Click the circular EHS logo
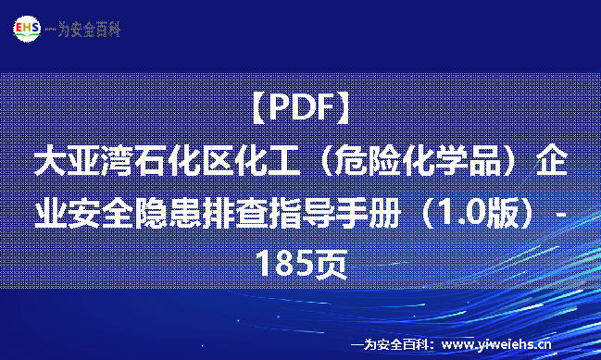(26, 29)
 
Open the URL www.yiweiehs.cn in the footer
(496, 343)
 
